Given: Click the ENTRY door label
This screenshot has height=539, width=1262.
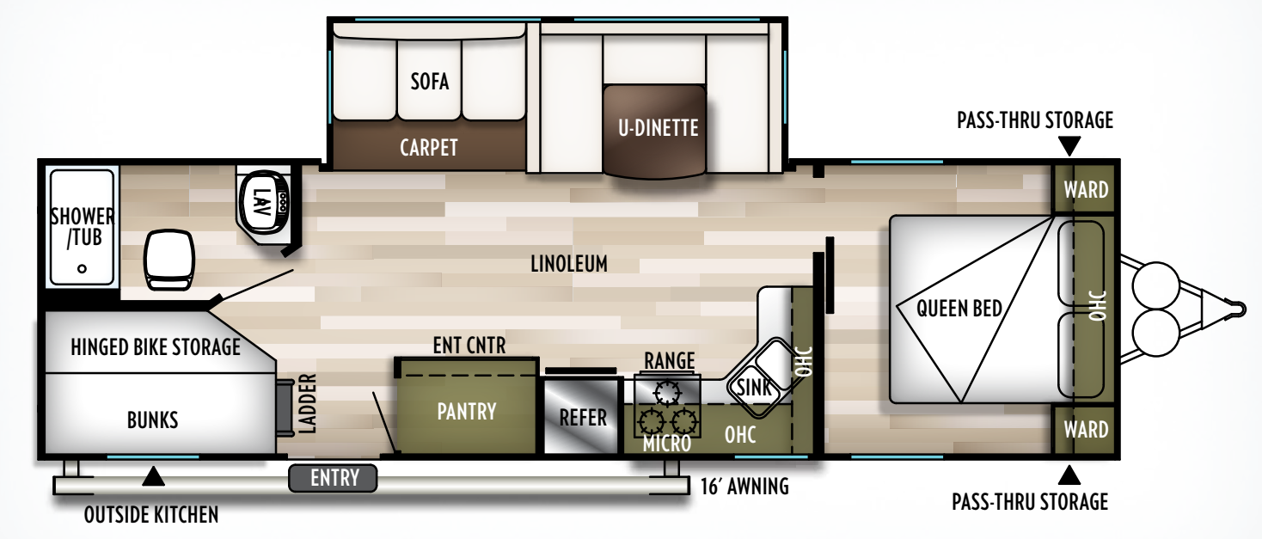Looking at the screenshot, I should pos(334,478).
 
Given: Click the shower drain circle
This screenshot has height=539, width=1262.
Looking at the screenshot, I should pos(82,268).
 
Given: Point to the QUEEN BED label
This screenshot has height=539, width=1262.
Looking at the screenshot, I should pos(959,307).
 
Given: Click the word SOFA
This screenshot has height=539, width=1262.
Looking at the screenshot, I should pos(430,82).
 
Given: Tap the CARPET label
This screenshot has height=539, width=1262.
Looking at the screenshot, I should pos(428,147).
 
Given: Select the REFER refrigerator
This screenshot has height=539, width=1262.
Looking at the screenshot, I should pos(583,418).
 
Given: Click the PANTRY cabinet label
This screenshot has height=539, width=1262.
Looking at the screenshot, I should pos(467,411).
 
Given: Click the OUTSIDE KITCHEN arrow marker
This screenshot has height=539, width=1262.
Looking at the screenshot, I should pos(153,475).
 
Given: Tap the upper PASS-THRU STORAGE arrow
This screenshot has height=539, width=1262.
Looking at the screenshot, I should pos(1069,145).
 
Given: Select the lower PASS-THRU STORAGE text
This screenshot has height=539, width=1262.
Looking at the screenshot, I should pos(1030,500).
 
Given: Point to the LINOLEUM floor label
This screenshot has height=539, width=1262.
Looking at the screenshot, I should pos(568,264).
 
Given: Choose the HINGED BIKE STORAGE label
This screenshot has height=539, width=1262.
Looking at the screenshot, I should pos(155,347).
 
